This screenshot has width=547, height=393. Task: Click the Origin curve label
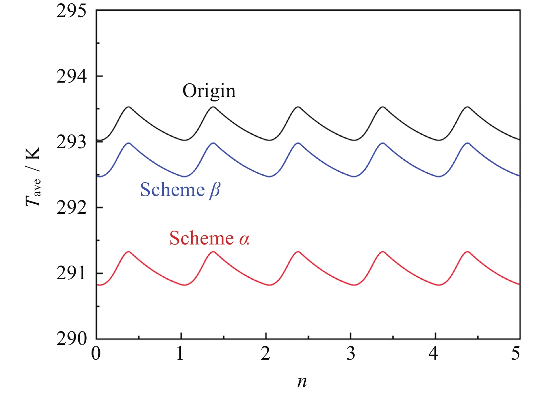[x=209, y=91]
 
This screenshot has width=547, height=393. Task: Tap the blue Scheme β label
[x=180, y=190]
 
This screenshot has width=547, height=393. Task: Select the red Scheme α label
[x=209, y=238]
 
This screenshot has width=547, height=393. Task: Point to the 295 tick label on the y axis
[x=71, y=11]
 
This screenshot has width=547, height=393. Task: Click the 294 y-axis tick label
[x=71, y=76]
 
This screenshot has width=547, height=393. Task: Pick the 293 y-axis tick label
[x=71, y=142]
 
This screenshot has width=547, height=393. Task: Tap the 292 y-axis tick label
[x=71, y=208]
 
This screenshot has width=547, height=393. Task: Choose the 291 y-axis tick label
[x=71, y=273]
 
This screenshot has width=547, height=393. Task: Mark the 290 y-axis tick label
[x=71, y=339]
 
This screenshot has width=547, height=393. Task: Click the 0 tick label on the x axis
[x=96, y=354]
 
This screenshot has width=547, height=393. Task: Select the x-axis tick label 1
[x=180, y=354]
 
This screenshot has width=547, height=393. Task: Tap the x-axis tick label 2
[x=265, y=354]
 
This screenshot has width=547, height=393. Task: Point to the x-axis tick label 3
[x=351, y=354]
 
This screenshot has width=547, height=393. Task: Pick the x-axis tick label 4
[x=433, y=354]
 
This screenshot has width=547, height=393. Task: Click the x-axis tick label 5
[x=515, y=354]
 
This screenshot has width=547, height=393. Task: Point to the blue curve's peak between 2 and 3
[x=298, y=143]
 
